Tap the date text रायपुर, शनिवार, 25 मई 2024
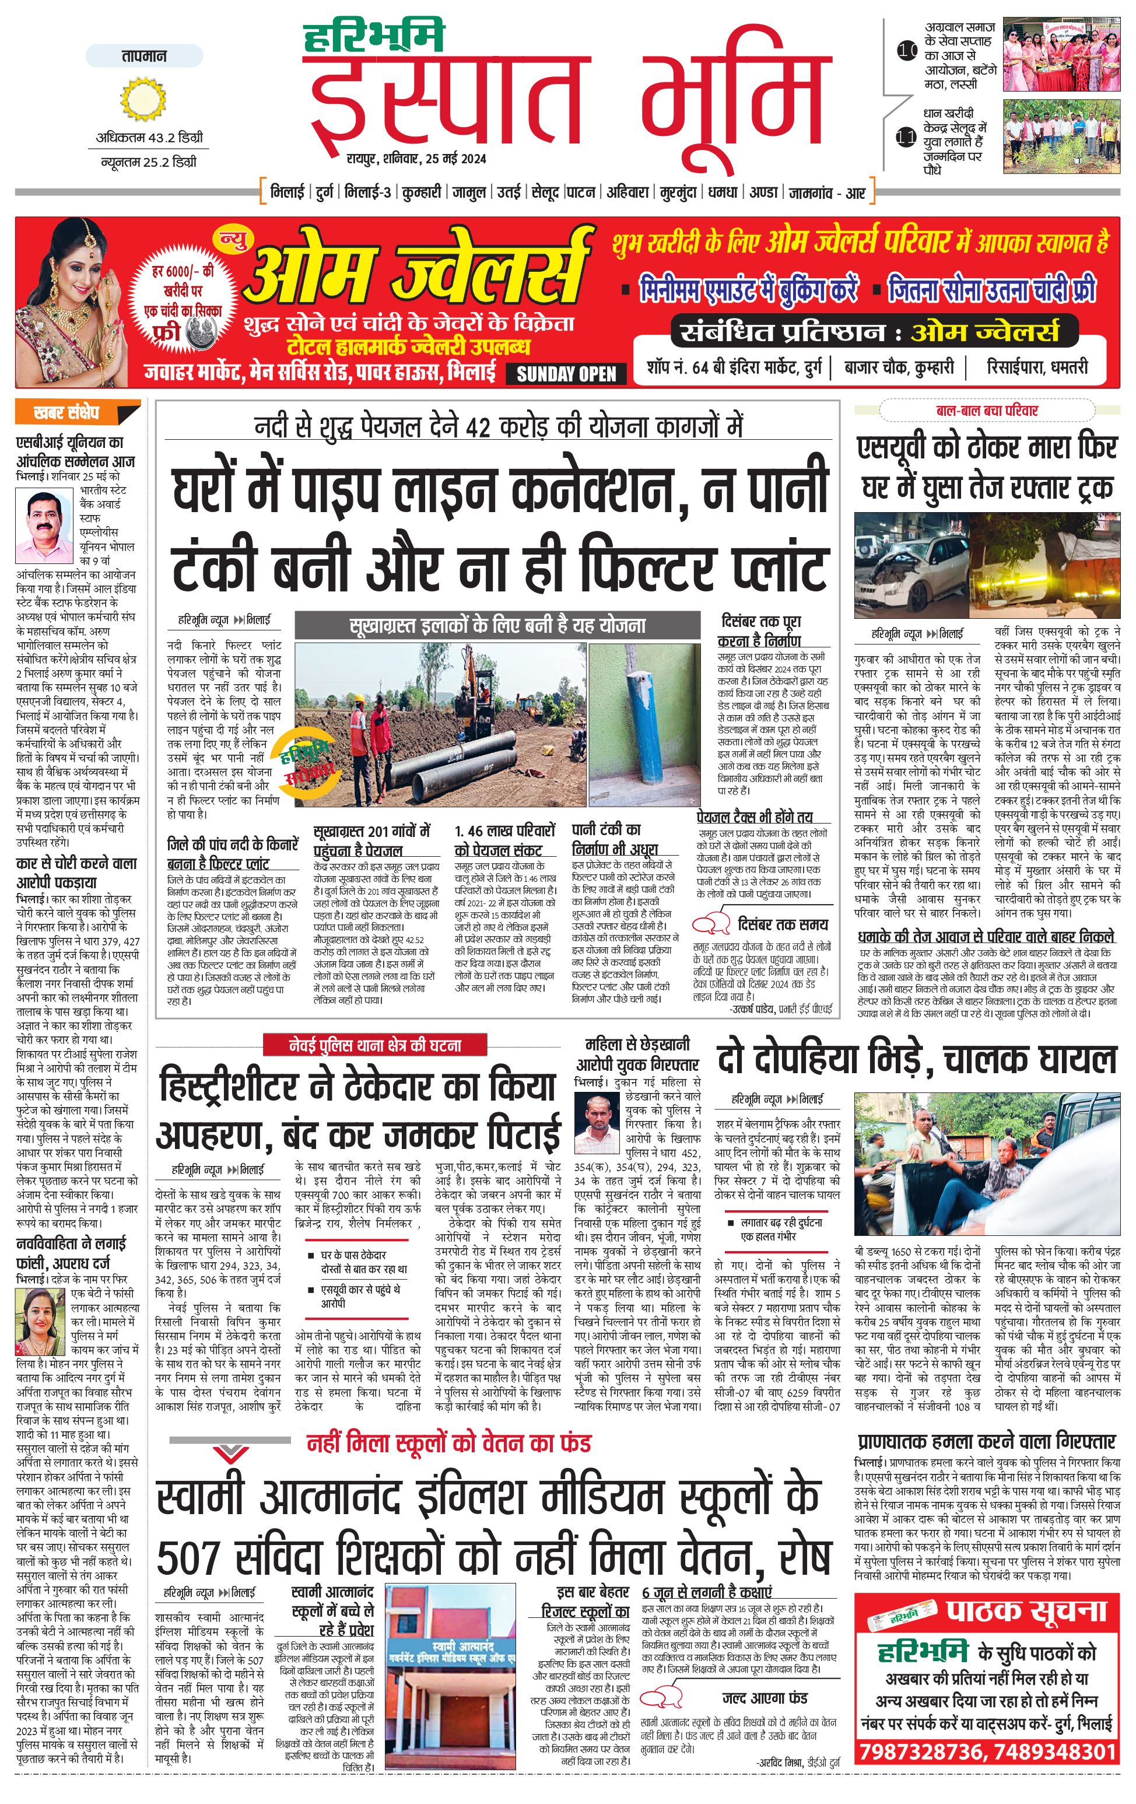[x=416, y=158]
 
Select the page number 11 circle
[x=906, y=137]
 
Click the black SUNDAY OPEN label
[x=566, y=374]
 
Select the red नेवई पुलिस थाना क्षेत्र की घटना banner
[x=374, y=1045]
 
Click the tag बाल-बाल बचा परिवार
[x=986, y=411]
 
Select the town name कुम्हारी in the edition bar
[x=421, y=192]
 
